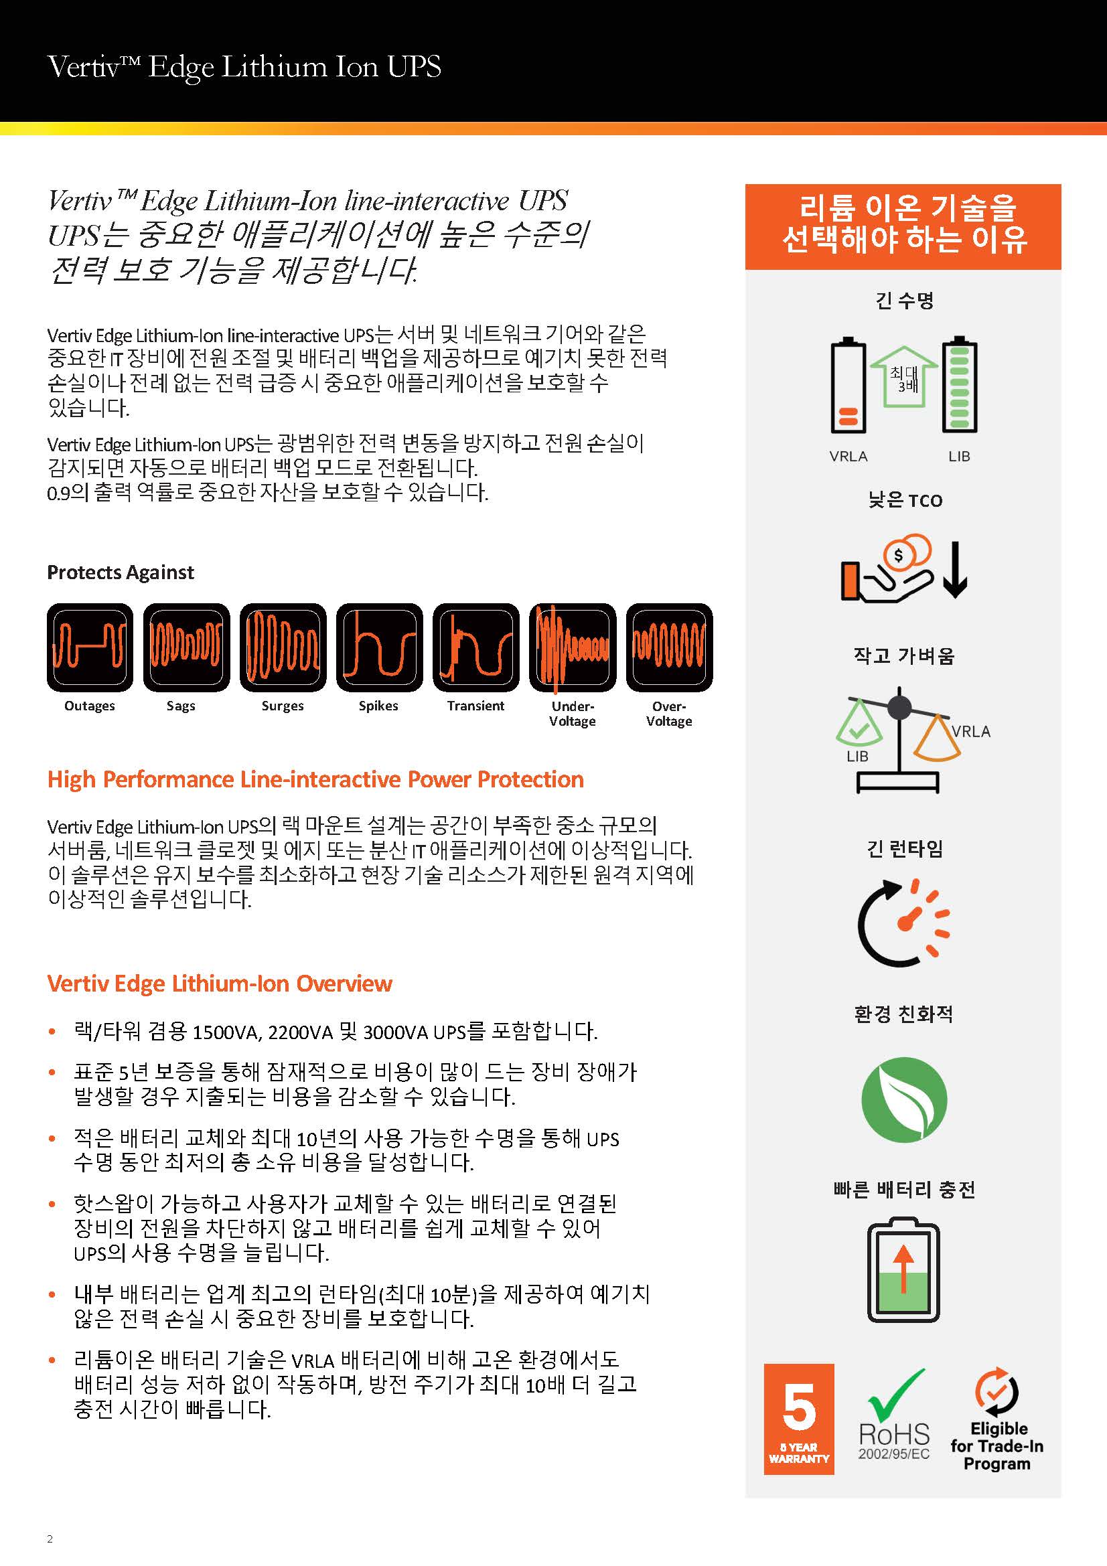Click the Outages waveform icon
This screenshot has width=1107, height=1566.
[x=90, y=647]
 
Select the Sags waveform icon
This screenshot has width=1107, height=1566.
[x=186, y=647]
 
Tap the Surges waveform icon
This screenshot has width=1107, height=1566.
[x=283, y=647]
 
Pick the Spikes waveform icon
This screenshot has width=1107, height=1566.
[x=379, y=647]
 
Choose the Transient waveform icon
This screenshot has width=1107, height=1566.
[x=476, y=647]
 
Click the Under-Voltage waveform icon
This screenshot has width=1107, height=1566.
[x=573, y=647]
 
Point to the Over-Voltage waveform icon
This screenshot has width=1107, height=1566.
[x=669, y=647]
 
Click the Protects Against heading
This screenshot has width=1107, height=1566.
[x=121, y=572]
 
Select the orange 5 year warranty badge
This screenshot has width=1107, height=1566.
[x=799, y=1419]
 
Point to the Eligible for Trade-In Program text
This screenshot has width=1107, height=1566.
[x=997, y=1446]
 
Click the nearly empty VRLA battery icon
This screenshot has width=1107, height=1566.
[x=848, y=386]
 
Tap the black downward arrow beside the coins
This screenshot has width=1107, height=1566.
[x=955, y=570]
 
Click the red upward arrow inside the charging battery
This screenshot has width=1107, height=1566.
[x=903, y=1269]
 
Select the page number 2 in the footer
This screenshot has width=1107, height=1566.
[x=50, y=1539]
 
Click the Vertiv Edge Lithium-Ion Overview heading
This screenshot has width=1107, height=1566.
[x=220, y=984]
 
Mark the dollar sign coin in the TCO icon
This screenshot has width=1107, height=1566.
[x=898, y=556]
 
